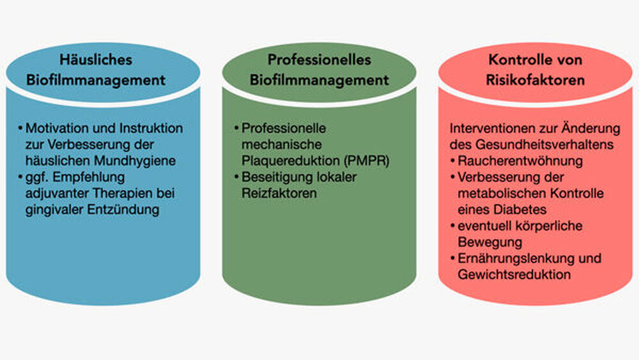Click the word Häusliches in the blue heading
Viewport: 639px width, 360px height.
point(96,60)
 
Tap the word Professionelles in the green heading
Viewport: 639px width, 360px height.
point(319,60)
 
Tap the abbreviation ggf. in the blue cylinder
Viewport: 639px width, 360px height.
point(35,175)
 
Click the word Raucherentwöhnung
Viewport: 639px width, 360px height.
point(512,159)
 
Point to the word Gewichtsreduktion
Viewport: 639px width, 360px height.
point(514,274)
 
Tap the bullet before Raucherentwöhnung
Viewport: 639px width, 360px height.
point(453,159)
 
